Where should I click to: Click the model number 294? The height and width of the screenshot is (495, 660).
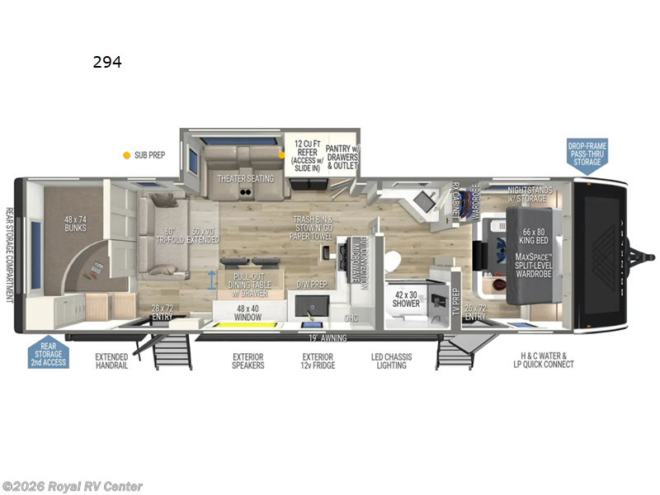pyautogui.click(x=106, y=62)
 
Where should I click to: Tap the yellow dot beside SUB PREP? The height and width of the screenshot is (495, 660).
pyautogui.click(x=126, y=154)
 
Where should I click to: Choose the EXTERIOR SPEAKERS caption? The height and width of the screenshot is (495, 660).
pyautogui.click(x=247, y=361)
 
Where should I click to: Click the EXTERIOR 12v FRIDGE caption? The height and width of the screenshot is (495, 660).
pyautogui.click(x=318, y=361)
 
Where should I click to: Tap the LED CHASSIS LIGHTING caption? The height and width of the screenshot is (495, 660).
pyautogui.click(x=391, y=361)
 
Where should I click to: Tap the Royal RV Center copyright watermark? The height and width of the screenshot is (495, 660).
pyautogui.click(x=73, y=487)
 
